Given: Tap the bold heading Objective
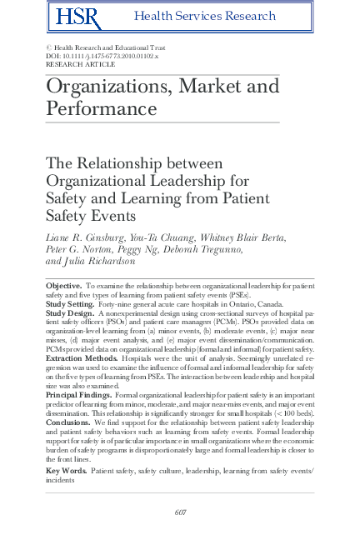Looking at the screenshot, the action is pos(63,286).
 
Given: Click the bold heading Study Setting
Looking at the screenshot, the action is pos(70,304).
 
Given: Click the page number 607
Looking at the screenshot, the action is pos(180,512).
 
